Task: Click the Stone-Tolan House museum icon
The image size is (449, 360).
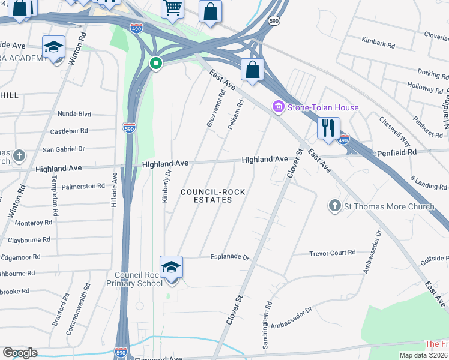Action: (278, 107)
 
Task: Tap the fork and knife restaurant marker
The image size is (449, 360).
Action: (328, 129)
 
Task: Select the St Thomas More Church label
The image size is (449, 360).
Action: (388, 207)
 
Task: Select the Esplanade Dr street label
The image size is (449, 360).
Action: (229, 257)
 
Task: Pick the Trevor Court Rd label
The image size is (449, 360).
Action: (333, 253)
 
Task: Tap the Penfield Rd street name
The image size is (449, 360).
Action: (396, 153)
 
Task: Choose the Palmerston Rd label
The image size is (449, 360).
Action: (83, 187)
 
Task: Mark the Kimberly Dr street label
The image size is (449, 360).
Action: (166, 185)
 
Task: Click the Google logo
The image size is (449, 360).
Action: (20, 353)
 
